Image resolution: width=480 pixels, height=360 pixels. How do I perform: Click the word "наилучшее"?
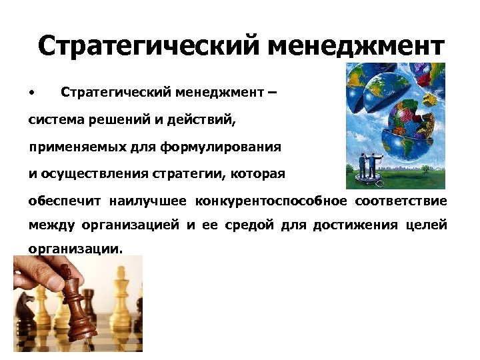click(x=153, y=201)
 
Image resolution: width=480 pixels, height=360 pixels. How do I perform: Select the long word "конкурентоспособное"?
click(x=271, y=201)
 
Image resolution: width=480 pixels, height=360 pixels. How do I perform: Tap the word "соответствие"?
click(x=401, y=201)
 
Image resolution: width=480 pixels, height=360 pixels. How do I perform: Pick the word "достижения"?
click(x=361, y=225)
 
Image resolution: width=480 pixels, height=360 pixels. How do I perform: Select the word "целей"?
click(x=427, y=225)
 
